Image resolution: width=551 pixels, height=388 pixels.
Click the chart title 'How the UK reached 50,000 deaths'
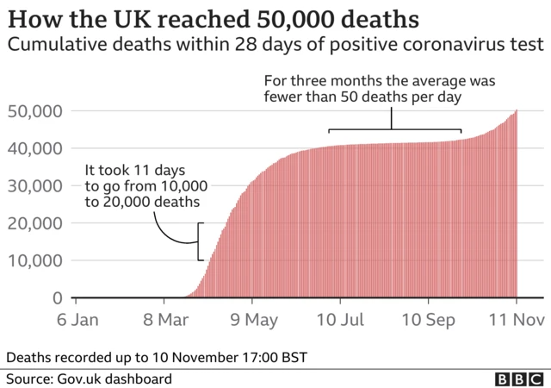pyautogui.click(x=226, y=18)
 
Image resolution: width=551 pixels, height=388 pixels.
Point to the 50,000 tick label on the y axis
pyautogui.click(x=34, y=110)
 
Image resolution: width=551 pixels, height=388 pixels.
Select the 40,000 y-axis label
pyautogui.click(x=34, y=148)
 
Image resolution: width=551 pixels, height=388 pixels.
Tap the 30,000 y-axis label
pyautogui.click(x=34, y=185)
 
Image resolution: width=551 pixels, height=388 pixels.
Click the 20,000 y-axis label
pyautogui.click(x=34, y=223)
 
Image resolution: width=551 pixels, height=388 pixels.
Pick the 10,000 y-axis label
pyautogui.click(x=34, y=260)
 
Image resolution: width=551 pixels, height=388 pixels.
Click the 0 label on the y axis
pyautogui.click(x=57, y=298)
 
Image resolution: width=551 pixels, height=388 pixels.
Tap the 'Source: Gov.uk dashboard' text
pyautogui.click(x=90, y=379)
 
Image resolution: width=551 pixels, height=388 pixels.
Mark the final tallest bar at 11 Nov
pyautogui.click(x=517, y=207)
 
